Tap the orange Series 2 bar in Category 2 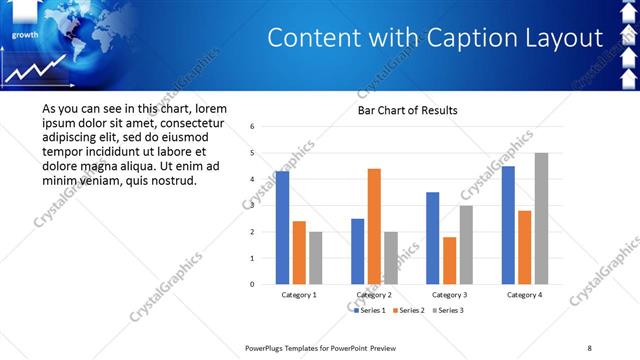pos(374,226)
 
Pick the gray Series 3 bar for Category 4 pos(541,218)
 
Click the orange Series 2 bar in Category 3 pos(449,260)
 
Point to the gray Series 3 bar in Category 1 pos(315,258)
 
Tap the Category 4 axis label pos(524,295)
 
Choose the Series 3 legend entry pos(448,311)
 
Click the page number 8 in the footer pos(589,347)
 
